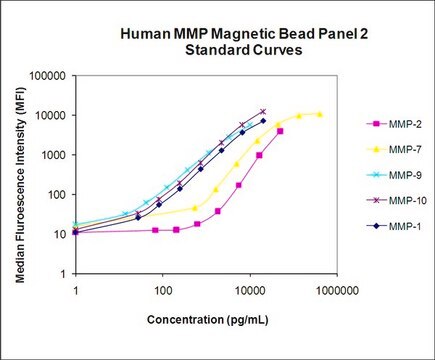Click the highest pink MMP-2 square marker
click(x=280, y=131)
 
